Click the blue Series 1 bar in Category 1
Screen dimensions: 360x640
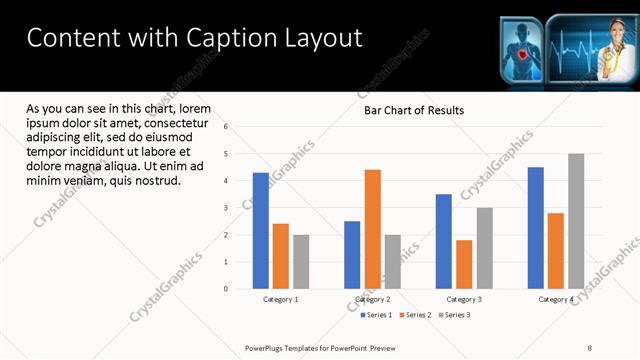(x=260, y=231)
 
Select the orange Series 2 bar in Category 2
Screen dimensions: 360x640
(x=372, y=229)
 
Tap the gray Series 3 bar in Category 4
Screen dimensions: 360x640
(x=576, y=221)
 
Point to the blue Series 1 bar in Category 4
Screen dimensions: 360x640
(x=536, y=228)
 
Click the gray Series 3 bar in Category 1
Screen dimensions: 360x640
(x=301, y=262)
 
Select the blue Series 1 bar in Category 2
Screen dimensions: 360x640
(x=352, y=255)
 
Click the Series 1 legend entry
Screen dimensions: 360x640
(x=376, y=315)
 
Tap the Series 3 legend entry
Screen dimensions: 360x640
(x=454, y=315)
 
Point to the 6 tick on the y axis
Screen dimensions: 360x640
(x=227, y=127)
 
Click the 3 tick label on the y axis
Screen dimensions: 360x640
(x=227, y=208)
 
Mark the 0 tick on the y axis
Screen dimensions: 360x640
(x=227, y=289)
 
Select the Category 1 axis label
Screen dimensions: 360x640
(x=281, y=299)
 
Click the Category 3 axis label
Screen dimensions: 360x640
(x=464, y=299)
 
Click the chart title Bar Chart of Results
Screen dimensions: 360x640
(x=413, y=110)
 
